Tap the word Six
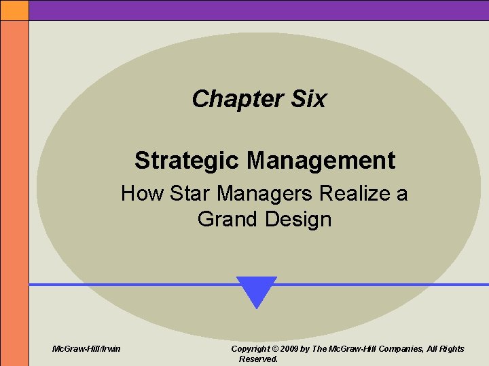(x=308, y=99)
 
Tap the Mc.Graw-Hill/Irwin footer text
(x=87, y=349)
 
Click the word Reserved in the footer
(x=258, y=359)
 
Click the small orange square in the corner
(x=14, y=9)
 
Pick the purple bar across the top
(x=258, y=9)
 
